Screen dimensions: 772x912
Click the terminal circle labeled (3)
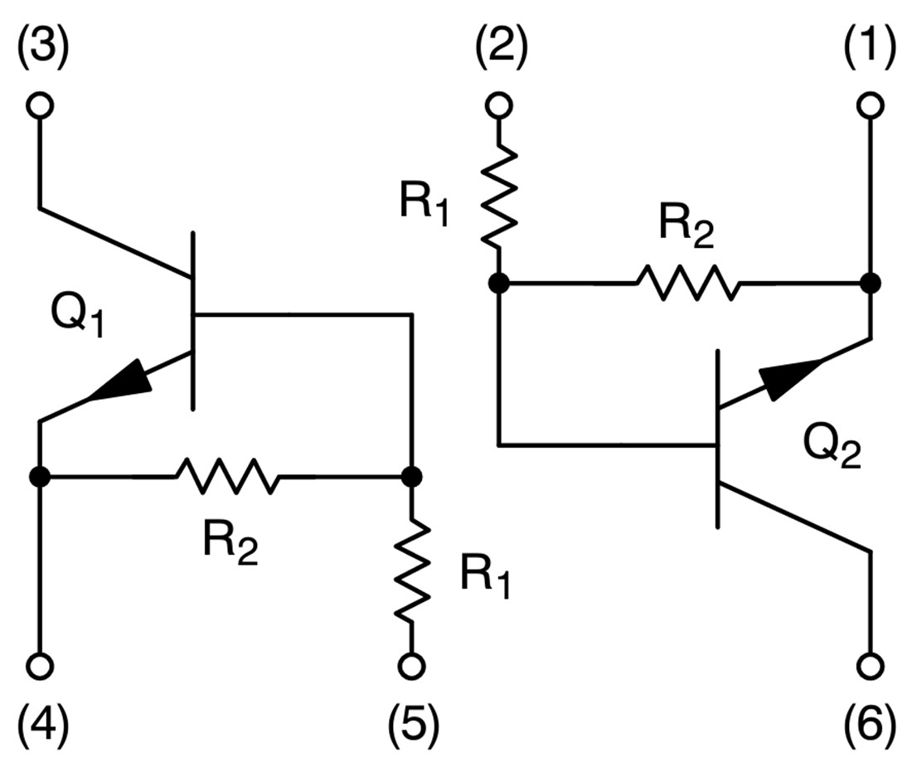[40, 105]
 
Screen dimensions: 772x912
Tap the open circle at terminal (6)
[871, 665]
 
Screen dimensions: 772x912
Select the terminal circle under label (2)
[498, 105]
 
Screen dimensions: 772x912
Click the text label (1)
[870, 51]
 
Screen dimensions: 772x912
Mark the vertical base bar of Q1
[193, 321]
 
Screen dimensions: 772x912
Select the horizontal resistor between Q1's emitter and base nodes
[226, 477]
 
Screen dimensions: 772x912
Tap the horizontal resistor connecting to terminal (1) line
[686, 284]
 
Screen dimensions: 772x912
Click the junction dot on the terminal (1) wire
[870, 284]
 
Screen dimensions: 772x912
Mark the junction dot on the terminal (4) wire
[39, 477]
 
